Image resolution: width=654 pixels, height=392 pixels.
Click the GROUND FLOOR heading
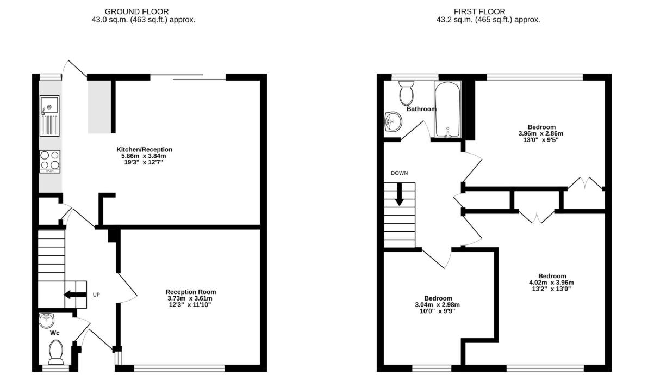[x=136, y=11]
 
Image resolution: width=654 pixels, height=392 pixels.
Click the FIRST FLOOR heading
[x=479, y=11]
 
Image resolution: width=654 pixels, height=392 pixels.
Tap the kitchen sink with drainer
[x=49, y=116]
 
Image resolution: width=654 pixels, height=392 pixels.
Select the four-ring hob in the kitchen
[x=49, y=161]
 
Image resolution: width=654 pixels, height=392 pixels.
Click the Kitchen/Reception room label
[x=145, y=149]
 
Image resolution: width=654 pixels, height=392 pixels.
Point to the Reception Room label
[x=191, y=292]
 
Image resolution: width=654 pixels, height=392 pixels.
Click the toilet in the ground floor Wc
[x=56, y=352]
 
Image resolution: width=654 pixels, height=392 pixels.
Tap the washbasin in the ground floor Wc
[x=46, y=320]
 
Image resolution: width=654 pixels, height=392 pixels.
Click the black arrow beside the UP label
[x=75, y=295]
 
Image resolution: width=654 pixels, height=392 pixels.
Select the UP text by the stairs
[x=96, y=295]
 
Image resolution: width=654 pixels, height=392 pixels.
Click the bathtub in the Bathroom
[x=447, y=109]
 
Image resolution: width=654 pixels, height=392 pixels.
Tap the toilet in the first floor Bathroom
[x=407, y=93]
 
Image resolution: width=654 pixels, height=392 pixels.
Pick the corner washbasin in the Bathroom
[x=393, y=122]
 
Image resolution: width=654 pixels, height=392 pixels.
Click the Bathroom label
[x=422, y=109]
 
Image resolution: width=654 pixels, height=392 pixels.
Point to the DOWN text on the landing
[x=400, y=173]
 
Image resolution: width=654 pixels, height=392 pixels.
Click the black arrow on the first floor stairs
[x=399, y=194]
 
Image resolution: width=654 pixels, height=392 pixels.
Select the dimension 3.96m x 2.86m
[x=541, y=133]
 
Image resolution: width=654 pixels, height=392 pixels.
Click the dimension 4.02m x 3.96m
[x=551, y=283]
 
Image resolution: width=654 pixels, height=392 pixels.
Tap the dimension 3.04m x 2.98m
[x=438, y=304]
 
